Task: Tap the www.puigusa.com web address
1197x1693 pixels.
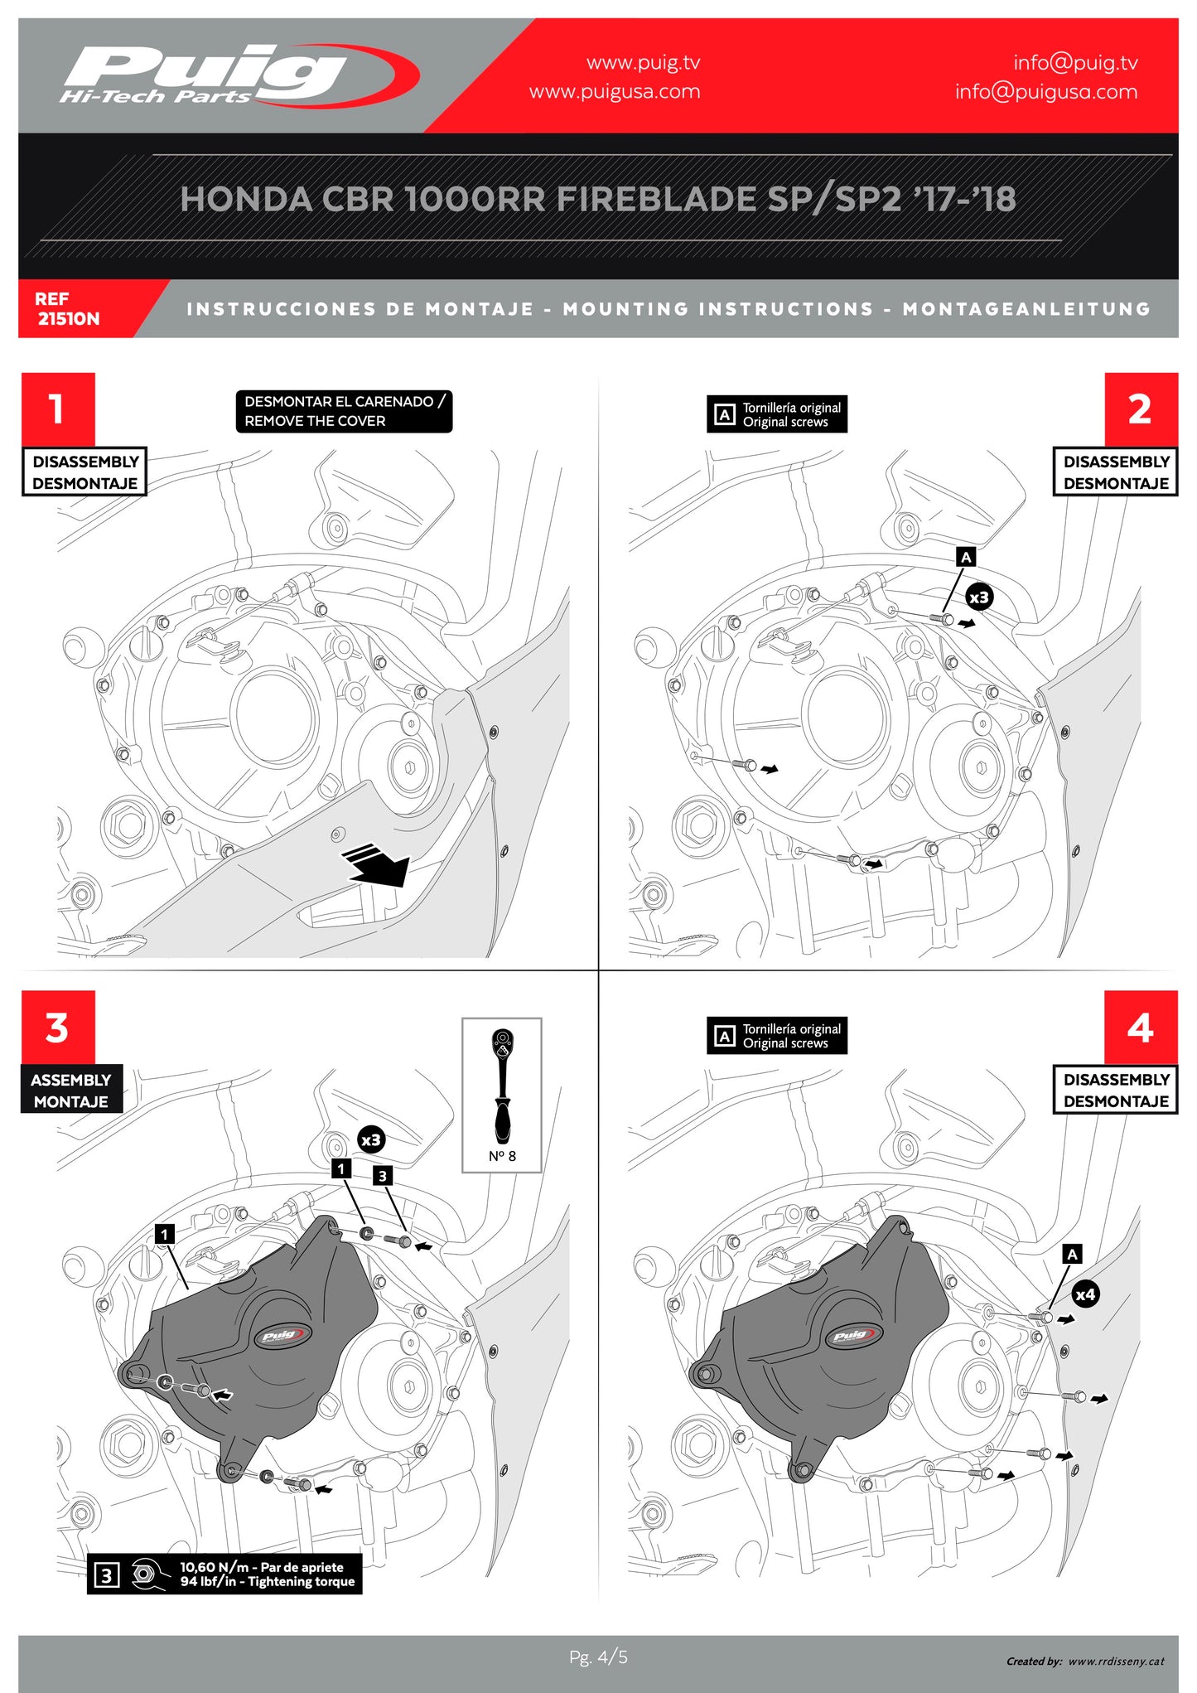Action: [615, 92]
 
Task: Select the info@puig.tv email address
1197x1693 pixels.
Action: [1075, 63]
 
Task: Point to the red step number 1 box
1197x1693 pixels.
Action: [58, 409]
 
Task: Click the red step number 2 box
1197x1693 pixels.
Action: [1140, 409]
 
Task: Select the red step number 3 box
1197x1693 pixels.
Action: [58, 1027]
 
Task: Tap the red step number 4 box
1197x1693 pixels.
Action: [1140, 1027]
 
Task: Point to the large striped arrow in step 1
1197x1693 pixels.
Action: [377, 863]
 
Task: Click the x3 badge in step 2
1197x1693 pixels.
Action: [979, 597]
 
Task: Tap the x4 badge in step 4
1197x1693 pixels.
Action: [1085, 1294]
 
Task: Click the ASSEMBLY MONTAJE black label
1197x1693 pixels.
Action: [71, 1090]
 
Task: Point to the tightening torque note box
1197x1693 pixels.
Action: [224, 1574]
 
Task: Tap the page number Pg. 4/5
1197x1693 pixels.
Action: [598, 1657]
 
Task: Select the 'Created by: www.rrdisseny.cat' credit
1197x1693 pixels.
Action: [1085, 1661]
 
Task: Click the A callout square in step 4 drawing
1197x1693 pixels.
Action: [1072, 1254]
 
